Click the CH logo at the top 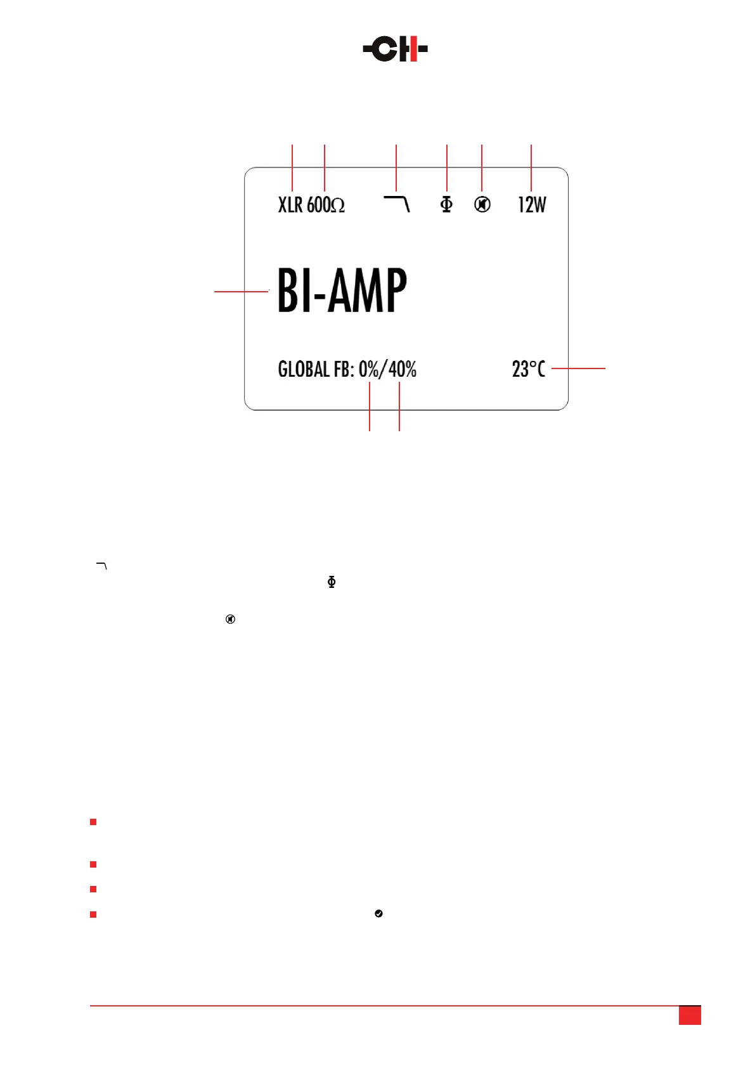[x=396, y=49]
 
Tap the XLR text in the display [x=290, y=205]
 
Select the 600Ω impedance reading [x=326, y=205]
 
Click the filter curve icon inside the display [x=397, y=204]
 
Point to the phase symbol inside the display [x=447, y=204]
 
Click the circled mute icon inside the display [x=482, y=204]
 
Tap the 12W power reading [x=532, y=205]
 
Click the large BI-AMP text [x=342, y=290]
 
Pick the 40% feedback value [x=403, y=369]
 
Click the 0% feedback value [x=368, y=369]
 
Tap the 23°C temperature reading [x=528, y=369]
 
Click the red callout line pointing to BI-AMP [x=242, y=291]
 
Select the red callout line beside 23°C [x=578, y=368]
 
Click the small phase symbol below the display [x=332, y=582]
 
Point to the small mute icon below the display [x=231, y=619]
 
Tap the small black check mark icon [x=378, y=913]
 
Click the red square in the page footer [x=690, y=1015]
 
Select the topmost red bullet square [x=93, y=822]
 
